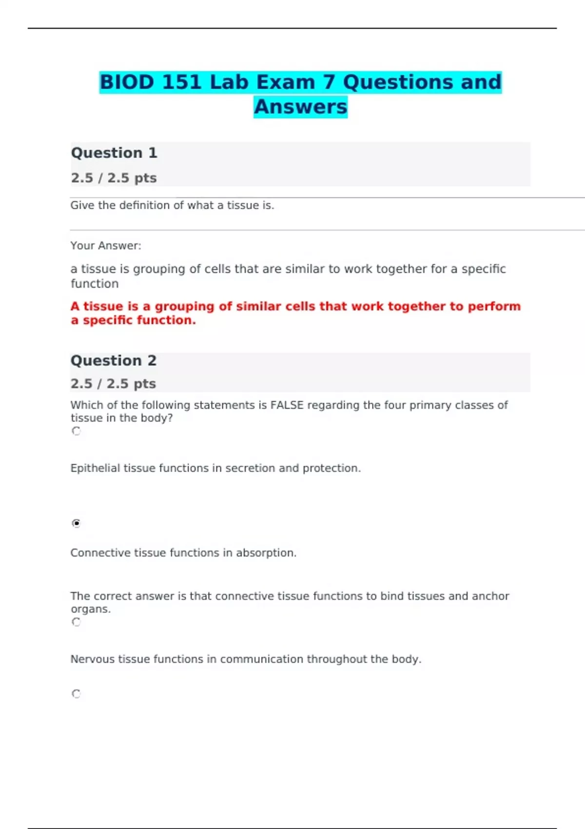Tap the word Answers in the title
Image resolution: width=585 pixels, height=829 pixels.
click(300, 107)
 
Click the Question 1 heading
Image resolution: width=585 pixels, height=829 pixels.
click(114, 153)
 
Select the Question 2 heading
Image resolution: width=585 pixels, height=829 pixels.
click(114, 361)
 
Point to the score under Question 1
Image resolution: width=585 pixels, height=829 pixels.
click(114, 178)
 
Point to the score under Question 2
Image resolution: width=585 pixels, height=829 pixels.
click(113, 384)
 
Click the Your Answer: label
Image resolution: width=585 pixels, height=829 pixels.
click(106, 246)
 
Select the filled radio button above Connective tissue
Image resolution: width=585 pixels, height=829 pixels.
click(76, 523)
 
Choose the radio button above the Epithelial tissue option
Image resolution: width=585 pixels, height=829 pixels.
click(76, 431)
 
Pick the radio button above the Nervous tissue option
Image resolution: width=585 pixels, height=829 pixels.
click(76, 622)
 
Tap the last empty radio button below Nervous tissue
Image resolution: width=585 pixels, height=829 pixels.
click(76, 693)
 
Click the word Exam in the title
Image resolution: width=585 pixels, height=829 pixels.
click(286, 82)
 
